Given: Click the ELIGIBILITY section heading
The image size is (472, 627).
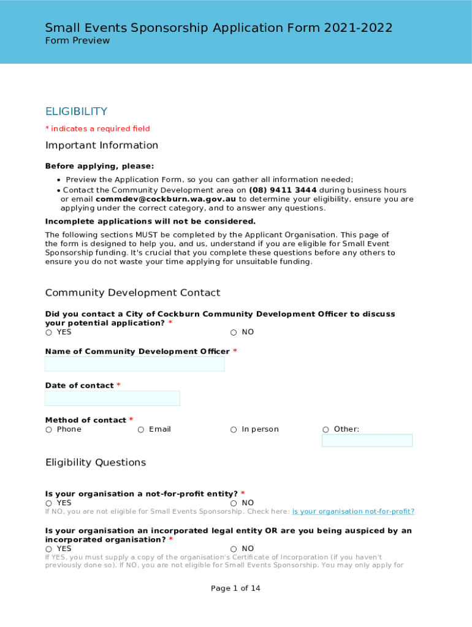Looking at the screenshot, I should click(x=76, y=111).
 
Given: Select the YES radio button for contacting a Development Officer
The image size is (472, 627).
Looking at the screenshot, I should click(x=48, y=332).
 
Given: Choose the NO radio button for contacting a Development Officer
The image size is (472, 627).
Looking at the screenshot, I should click(x=234, y=332).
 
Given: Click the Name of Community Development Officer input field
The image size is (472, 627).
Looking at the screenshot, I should click(x=134, y=364).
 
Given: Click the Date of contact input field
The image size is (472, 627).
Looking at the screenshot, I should click(x=112, y=399).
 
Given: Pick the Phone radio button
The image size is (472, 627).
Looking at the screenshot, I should click(x=48, y=430).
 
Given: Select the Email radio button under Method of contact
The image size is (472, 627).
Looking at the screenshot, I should click(x=141, y=430).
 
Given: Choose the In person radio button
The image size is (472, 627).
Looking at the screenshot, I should click(x=234, y=430).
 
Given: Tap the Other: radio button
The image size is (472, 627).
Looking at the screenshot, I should click(x=325, y=430).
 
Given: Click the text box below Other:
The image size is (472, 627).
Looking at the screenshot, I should click(x=367, y=441).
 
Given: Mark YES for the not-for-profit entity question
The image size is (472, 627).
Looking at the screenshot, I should click(x=48, y=503).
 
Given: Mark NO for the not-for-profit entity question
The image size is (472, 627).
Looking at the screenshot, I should click(x=234, y=503).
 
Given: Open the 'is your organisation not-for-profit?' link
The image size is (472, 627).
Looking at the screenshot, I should click(x=353, y=512).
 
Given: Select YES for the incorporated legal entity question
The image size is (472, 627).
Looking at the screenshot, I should click(x=48, y=549).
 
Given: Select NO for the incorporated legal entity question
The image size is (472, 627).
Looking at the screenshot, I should click(x=234, y=549).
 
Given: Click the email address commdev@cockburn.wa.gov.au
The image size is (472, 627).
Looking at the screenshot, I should click(x=166, y=199).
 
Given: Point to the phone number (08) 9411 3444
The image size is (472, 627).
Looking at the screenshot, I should click(x=283, y=190).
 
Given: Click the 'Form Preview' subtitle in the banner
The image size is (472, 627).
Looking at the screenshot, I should click(x=77, y=41).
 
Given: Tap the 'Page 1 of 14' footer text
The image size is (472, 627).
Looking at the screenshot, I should click(x=235, y=588).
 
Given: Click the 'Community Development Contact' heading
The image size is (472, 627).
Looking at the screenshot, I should click(x=132, y=293).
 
